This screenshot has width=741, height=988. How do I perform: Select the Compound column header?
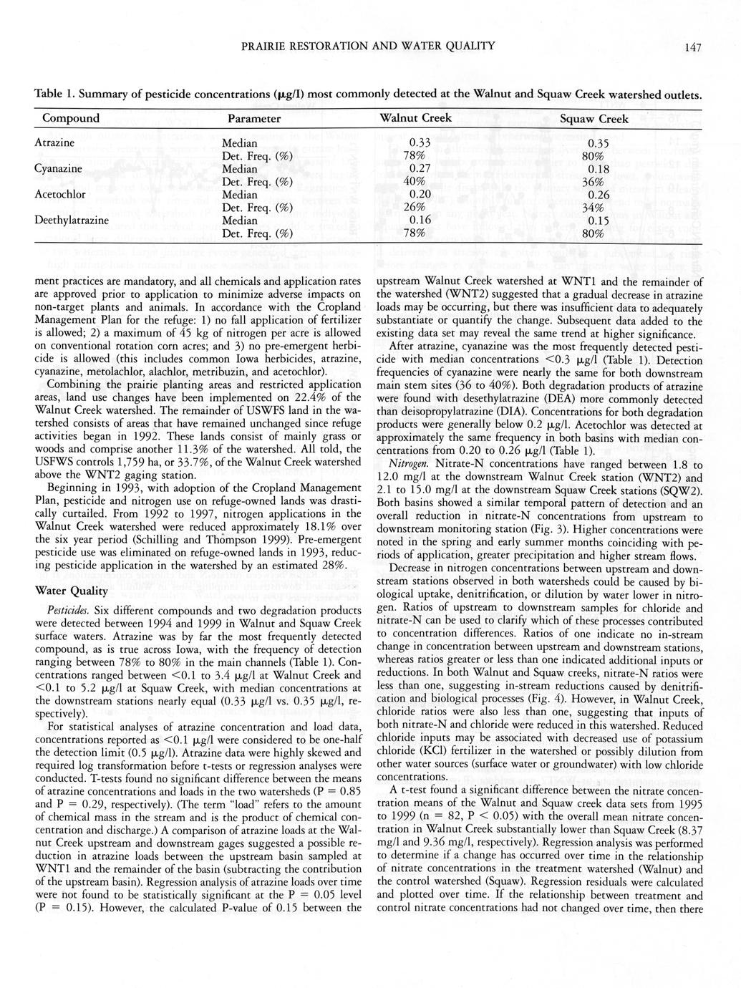tap(71, 118)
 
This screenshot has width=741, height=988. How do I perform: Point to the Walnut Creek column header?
tap(416, 118)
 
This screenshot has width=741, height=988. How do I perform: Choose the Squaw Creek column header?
tap(594, 119)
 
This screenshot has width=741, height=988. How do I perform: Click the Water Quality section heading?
tap(71, 591)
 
